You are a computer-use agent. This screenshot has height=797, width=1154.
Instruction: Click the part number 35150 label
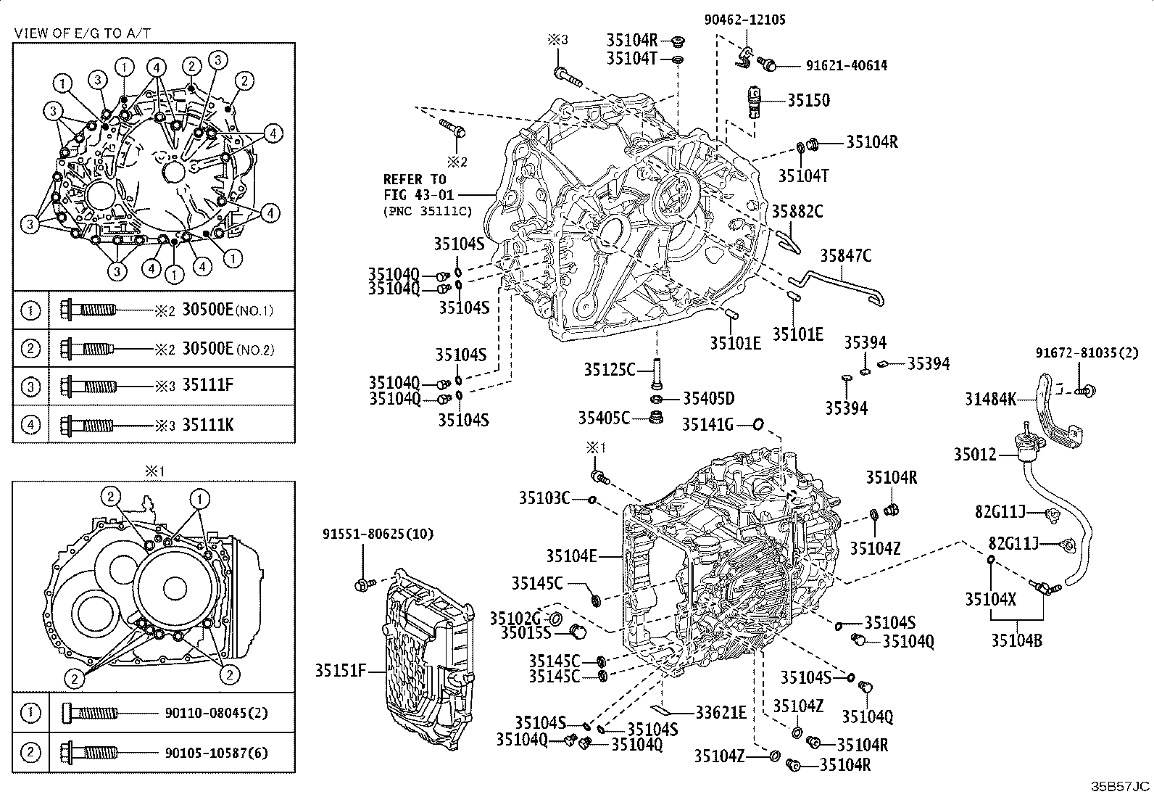click(x=809, y=101)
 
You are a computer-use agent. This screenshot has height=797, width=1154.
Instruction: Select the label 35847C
click(x=845, y=255)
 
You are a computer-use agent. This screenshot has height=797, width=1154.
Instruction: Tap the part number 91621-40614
click(x=846, y=65)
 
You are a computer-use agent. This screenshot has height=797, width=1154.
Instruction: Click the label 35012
click(x=974, y=455)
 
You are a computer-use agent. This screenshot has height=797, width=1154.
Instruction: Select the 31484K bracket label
click(x=990, y=398)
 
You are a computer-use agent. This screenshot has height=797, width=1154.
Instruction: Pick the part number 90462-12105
click(x=745, y=20)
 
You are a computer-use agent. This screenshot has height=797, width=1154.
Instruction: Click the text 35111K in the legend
click(x=208, y=425)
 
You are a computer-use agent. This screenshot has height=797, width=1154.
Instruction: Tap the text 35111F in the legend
click(x=208, y=386)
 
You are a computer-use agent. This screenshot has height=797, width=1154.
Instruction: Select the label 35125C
click(x=610, y=370)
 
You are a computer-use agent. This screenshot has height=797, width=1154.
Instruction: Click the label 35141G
click(x=707, y=424)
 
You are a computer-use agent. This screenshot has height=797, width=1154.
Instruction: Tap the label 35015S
click(x=520, y=632)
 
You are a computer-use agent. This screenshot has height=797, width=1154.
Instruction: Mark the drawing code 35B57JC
click(x=1121, y=786)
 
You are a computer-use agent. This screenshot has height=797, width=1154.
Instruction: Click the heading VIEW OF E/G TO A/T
click(x=83, y=32)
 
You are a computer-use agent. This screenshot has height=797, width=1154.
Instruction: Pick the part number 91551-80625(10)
click(x=378, y=534)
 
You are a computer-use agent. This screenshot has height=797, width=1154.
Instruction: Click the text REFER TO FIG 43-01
click(x=415, y=186)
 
